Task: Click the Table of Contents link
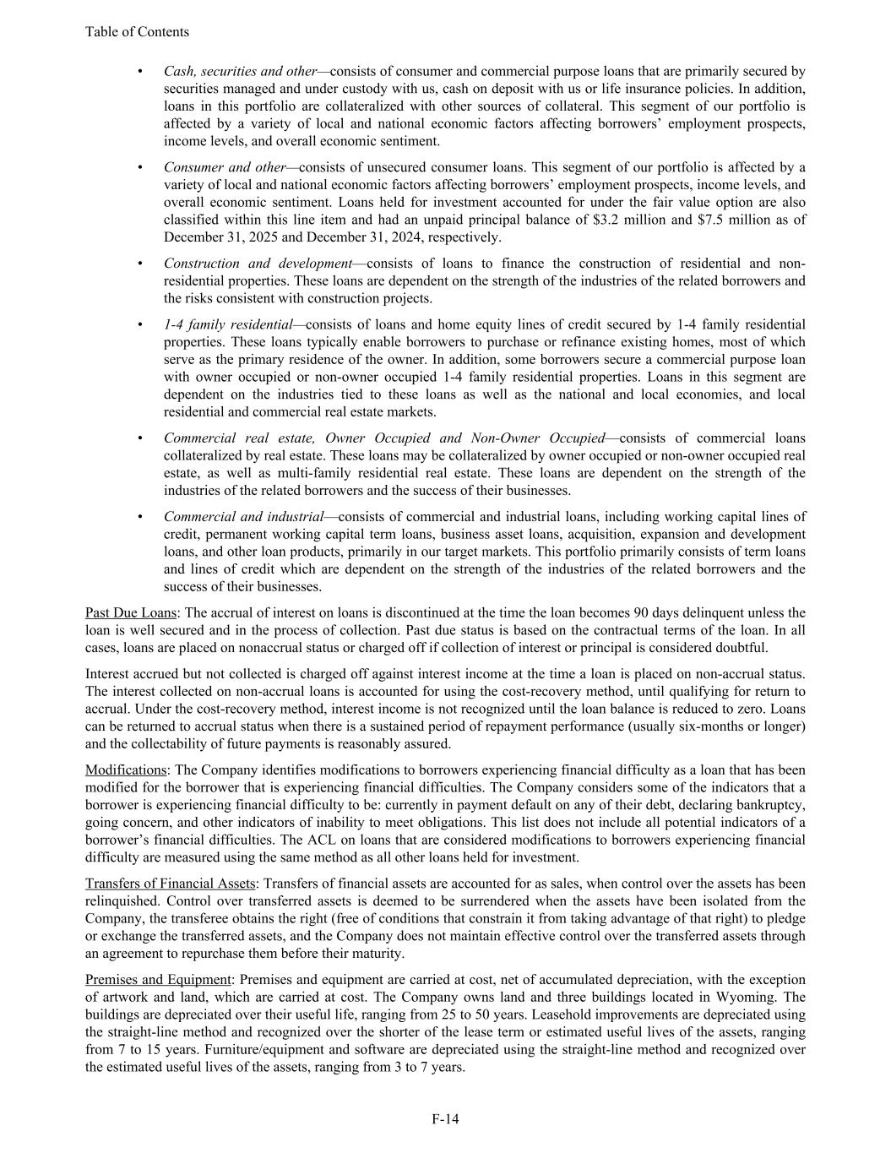tap(137, 32)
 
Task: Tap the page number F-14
tap(445, 1119)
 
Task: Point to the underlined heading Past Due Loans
tap(130, 612)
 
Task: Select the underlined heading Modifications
tap(126, 770)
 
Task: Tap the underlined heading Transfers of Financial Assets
tap(169, 883)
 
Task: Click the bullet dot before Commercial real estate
tap(139, 438)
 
